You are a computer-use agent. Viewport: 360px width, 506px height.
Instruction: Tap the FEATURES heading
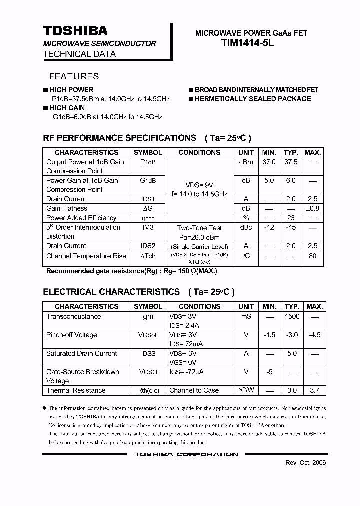tap(74, 76)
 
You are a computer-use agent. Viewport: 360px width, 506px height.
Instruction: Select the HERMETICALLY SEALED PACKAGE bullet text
tap(253, 99)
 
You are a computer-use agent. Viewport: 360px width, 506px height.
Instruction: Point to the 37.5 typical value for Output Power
tap(290, 162)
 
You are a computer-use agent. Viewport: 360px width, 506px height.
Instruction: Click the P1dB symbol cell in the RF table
tap(148, 162)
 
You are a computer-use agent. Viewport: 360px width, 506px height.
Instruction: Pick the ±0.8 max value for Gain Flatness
tap(313, 208)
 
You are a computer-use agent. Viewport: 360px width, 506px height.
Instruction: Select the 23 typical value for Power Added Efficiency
tap(290, 218)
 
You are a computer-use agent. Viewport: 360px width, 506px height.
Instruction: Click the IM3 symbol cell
tap(148, 227)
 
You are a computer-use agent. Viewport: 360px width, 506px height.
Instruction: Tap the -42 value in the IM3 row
tap(269, 227)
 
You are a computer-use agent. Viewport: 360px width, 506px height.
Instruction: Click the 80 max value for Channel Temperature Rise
tap(313, 256)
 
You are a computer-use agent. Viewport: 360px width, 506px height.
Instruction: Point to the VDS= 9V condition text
tap(199, 184)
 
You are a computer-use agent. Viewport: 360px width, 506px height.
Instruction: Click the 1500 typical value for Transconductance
tap(292, 316)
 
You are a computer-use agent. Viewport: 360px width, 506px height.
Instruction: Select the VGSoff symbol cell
tap(148, 335)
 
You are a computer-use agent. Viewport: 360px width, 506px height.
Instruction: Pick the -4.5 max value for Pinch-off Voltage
tap(314, 335)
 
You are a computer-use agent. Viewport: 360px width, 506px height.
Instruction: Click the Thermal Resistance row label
tap(76, 390)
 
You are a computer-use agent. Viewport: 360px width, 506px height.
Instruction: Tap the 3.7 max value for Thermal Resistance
tap(314, 390)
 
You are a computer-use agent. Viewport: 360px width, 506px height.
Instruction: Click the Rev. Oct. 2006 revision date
tap(306, 463)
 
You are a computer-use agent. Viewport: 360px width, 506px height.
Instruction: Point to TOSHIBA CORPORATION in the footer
tap(187, 454)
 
